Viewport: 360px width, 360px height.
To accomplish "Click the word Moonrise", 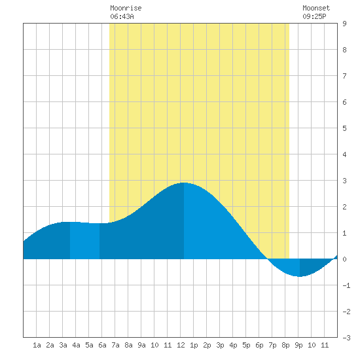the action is (126, 8).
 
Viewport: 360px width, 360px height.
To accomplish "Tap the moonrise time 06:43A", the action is (122, 16).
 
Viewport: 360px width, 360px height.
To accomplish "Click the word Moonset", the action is (316, 8).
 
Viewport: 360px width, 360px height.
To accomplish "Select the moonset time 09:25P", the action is (314, 16).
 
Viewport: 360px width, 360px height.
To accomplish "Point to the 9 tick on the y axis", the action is (344, 24).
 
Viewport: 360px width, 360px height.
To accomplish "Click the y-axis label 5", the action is (344, 128).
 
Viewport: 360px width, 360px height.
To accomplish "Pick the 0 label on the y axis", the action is (344, 259).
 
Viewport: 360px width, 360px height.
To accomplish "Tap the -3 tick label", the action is (346, 338).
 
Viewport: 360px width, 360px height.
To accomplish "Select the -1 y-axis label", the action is (346, 285).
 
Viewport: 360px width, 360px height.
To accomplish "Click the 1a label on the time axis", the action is (37, 345).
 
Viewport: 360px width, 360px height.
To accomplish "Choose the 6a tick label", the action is (102, 345).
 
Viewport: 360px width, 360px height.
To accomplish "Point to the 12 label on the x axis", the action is (181, 345).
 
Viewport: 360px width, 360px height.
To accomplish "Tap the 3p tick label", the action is (220, 345).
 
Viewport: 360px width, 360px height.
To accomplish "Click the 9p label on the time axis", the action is (298, 345).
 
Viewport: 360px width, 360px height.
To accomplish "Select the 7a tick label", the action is (115, 345).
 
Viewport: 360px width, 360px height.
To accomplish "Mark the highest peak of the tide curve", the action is (184, 183).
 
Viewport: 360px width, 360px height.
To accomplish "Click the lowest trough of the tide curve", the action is (300, 276).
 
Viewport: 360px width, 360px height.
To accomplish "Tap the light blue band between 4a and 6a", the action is (84, 241).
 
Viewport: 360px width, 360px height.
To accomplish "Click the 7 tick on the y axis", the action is (344, 76).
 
